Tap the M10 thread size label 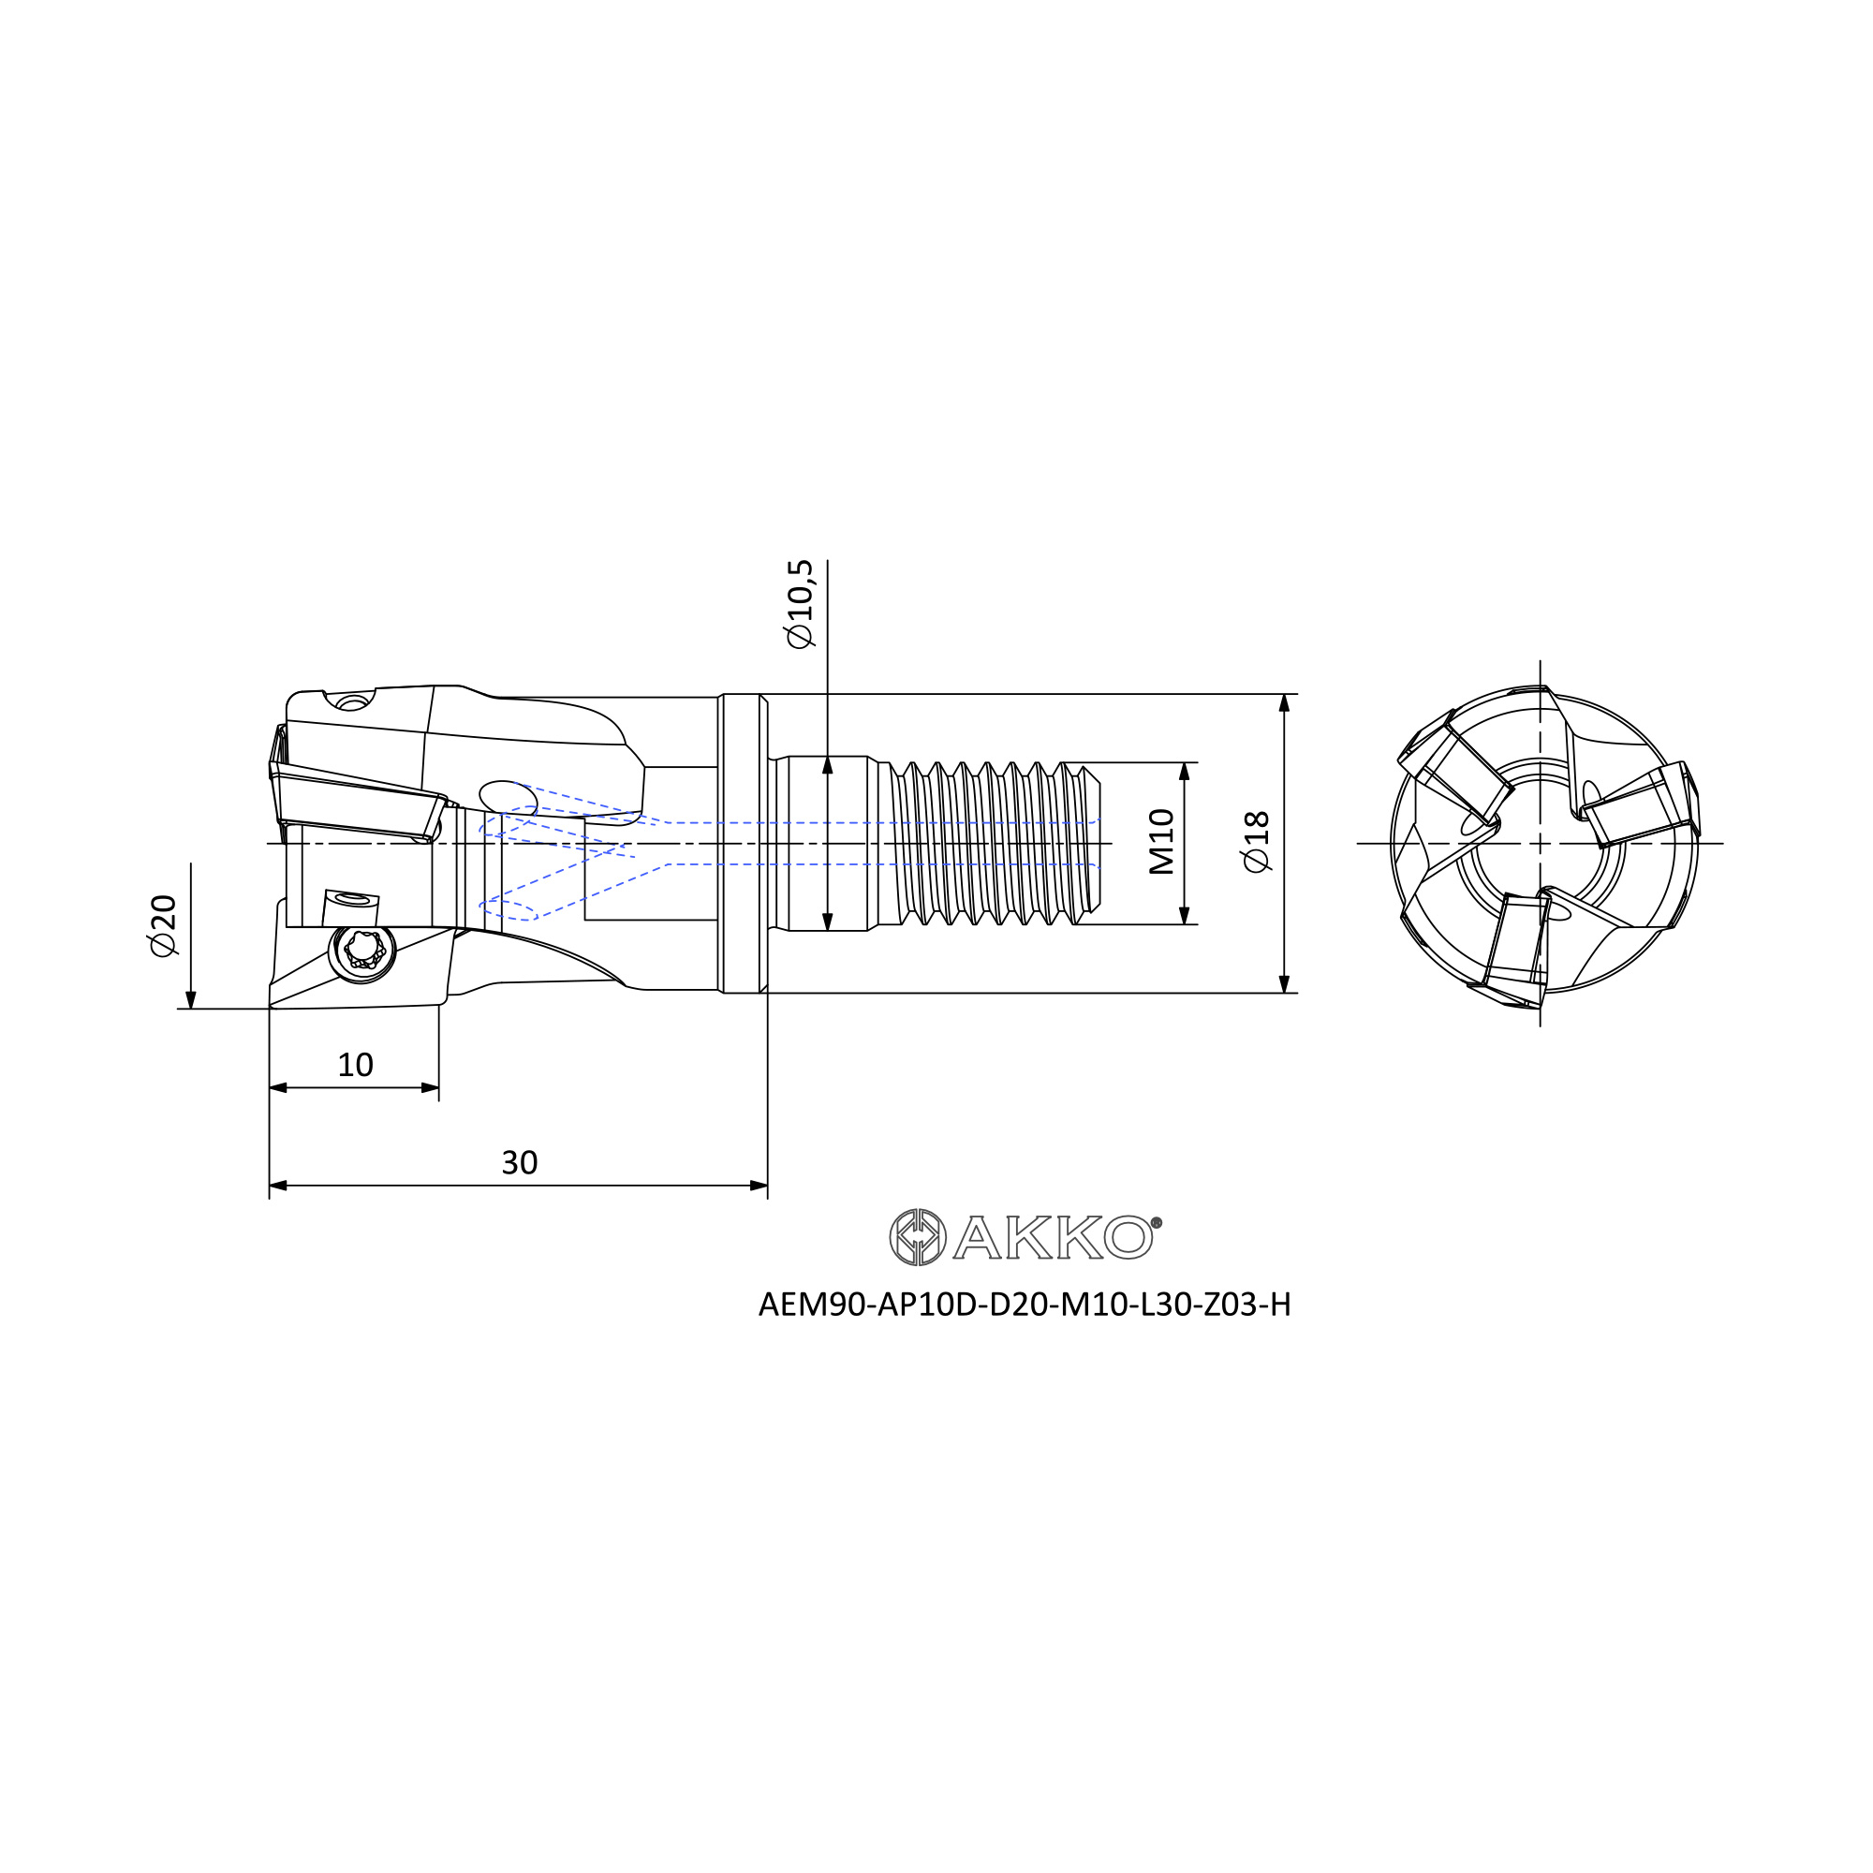1161,842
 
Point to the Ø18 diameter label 1256,842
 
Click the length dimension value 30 520,1162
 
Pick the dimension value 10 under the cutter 355,1066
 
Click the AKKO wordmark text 1053,1237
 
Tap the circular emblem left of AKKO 917,1237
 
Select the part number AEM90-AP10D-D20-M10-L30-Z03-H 1024,1305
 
